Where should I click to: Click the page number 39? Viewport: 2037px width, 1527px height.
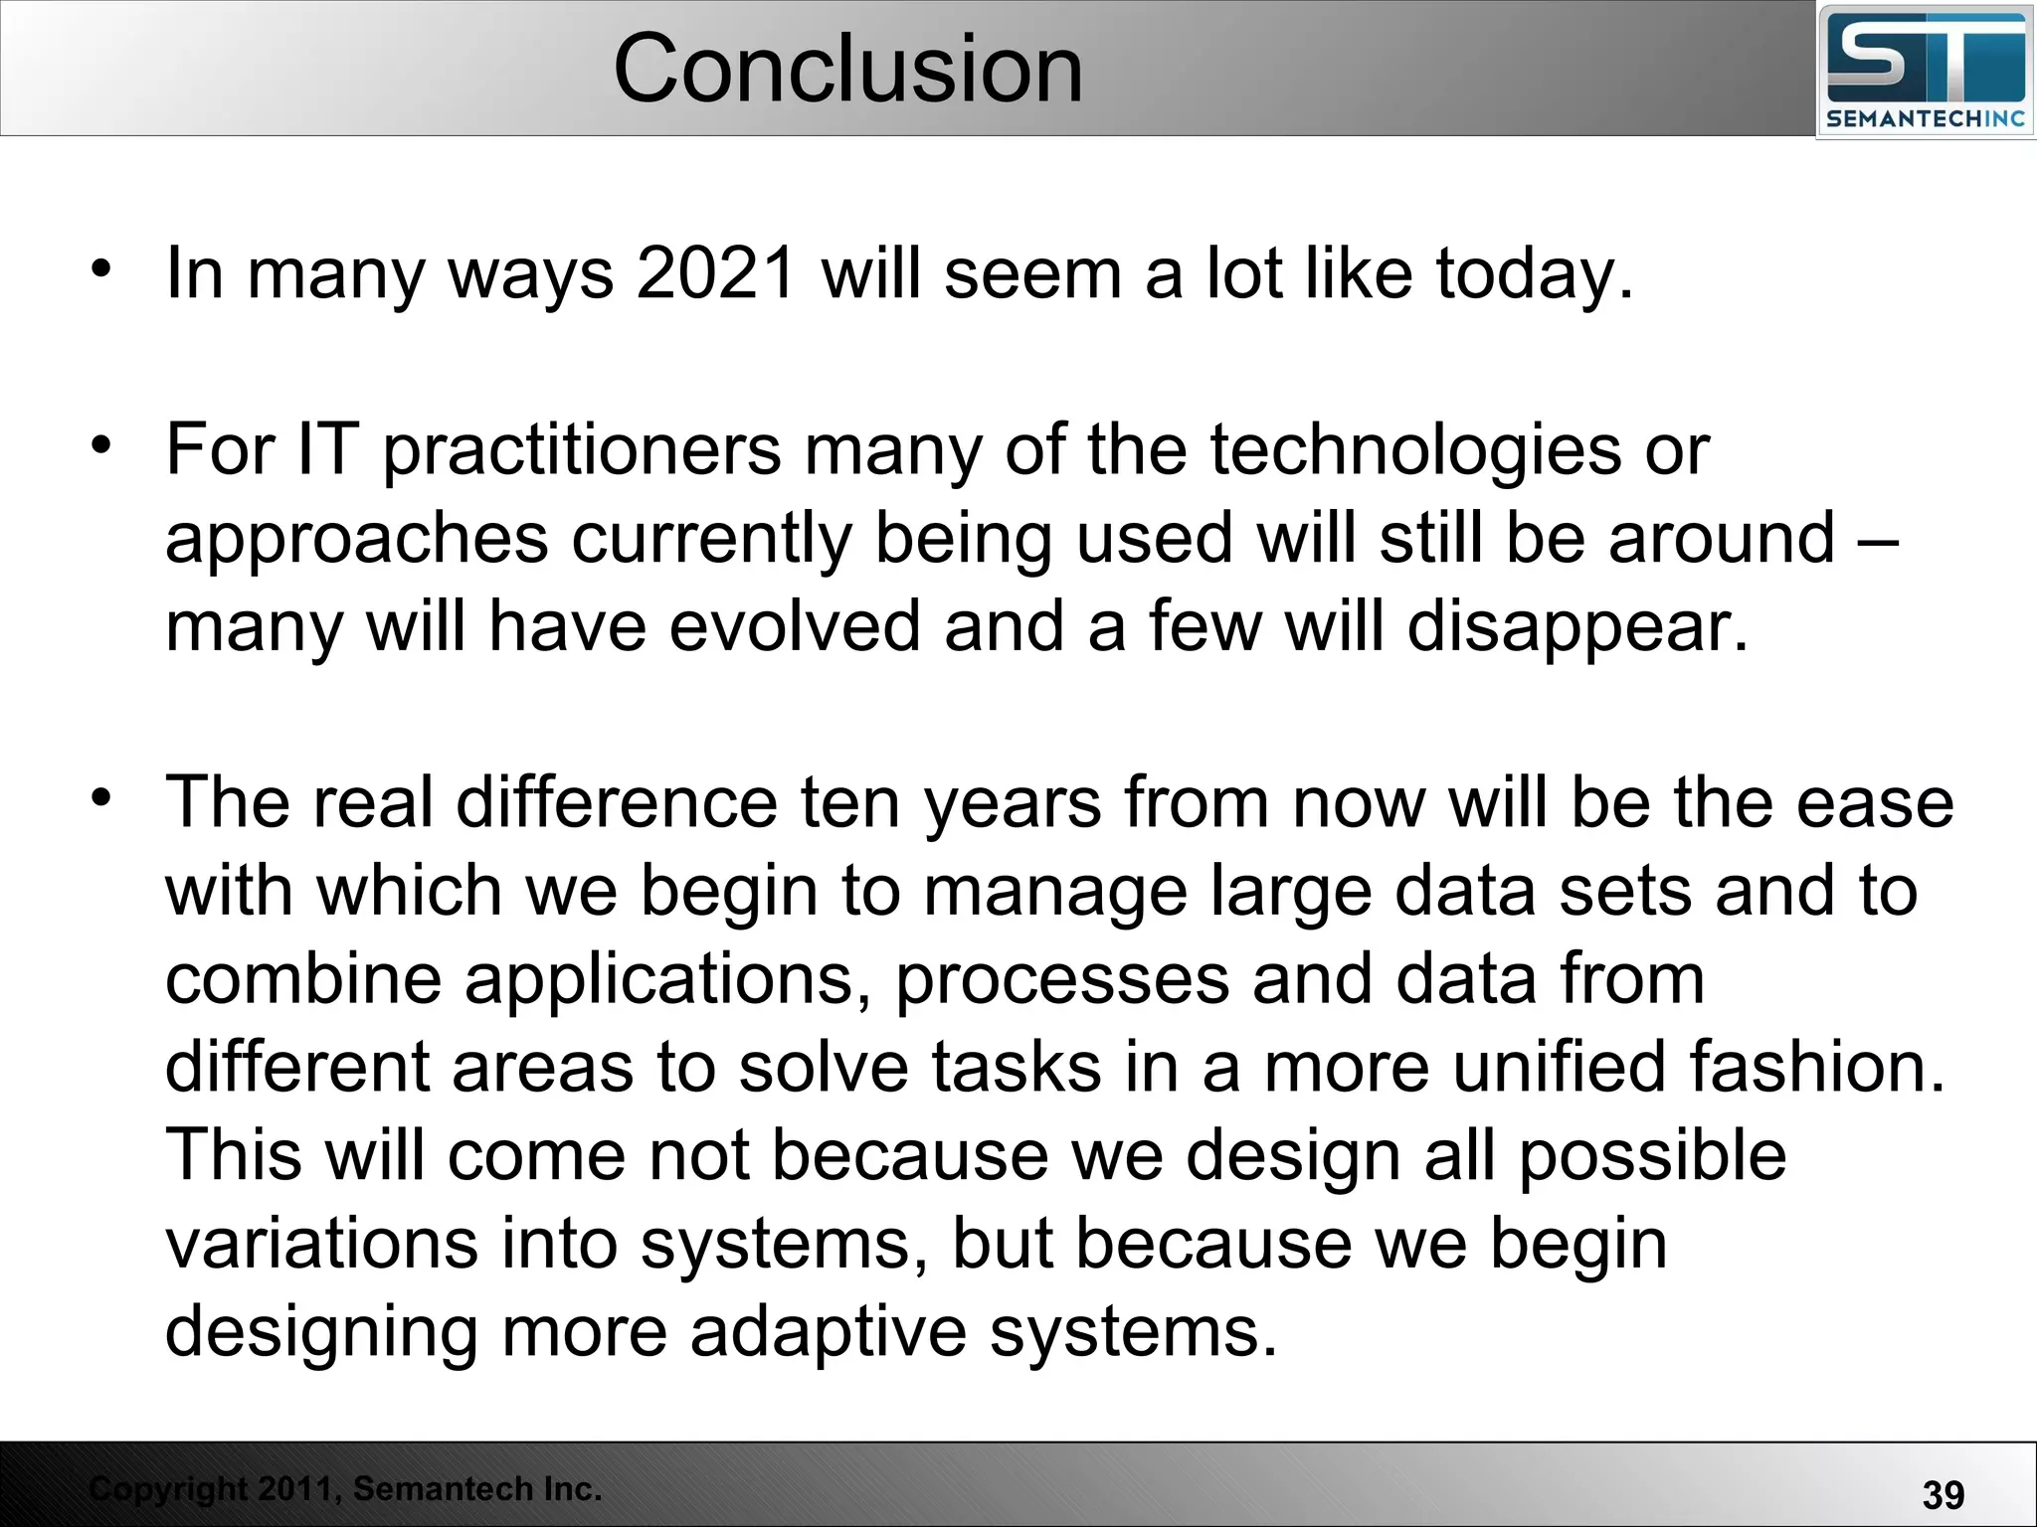point(1943,1494)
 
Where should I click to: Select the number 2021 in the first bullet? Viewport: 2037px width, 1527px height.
point(716,272)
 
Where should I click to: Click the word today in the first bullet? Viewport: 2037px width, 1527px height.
point(1532,274)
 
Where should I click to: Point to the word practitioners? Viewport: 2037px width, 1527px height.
point(582,451)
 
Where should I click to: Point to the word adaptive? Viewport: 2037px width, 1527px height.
point(828,1332)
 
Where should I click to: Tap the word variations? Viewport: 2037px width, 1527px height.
point(321,1244)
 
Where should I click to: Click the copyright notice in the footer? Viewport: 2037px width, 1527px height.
point(345,1488)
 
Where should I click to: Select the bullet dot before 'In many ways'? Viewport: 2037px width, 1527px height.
point(100,268)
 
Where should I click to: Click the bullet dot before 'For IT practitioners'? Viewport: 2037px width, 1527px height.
point(100,445)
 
